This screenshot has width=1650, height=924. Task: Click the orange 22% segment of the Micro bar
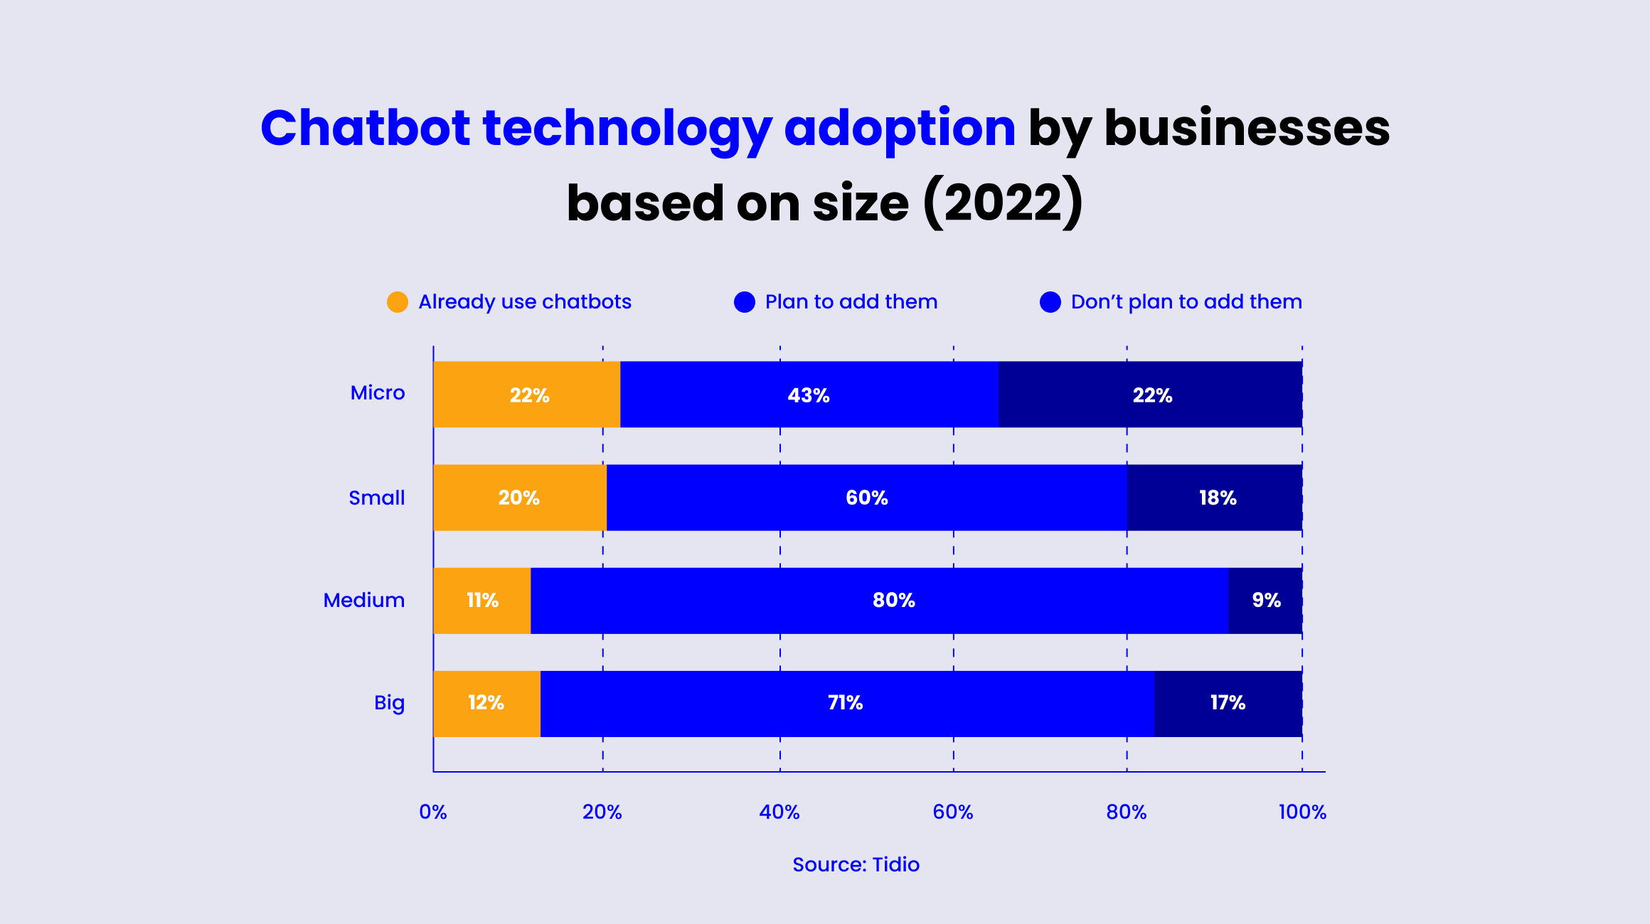point(527,394)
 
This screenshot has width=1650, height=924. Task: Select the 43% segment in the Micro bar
point(809,394)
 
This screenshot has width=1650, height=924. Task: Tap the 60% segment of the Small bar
point(866,498)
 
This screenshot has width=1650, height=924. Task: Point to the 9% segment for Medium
point(1266,601)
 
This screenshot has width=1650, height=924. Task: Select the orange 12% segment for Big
point(486,703)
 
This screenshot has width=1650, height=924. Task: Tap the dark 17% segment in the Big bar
point(1228,703)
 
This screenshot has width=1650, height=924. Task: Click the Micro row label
point(378,393)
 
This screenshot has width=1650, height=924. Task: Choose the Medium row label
point(364,601)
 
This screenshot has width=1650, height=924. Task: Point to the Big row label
point(389,703)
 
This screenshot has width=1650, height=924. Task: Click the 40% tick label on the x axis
point(779,812)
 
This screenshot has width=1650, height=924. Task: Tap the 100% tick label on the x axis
point(1302,812)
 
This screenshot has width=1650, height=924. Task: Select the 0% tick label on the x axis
point(433,812)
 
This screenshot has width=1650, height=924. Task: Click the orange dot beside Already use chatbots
point(398,302)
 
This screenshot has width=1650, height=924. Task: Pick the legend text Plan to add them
point(851,302)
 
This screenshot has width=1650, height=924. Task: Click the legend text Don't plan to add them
point(1186,302)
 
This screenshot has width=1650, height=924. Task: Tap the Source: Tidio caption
point(856,864)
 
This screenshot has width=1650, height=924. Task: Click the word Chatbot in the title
point(366,129)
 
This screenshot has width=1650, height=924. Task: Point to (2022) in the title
point(1003,203)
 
